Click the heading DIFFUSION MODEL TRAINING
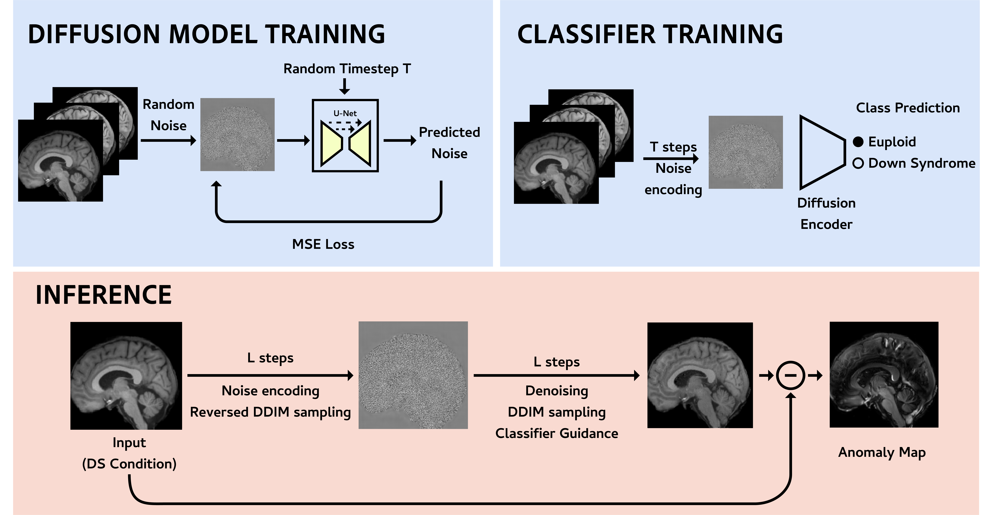pyautogui.click(x=206, y=34)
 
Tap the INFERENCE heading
pyautogui.click(x=104, y=295)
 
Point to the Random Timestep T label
pyautogui.click(x=347, y=69)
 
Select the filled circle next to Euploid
pyautogui.click(x=858, y=142)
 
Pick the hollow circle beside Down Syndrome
pyautogui.click(x=858, y=164)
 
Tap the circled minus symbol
pyautogui.click(x=790, y=375)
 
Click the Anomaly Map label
pyautogui.click(x=882, y=452)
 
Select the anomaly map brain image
pyautogui.click(x=884, y=375)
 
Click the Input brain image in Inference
pyautogui.click(x=126, y=375)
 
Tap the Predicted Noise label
pyautogui.click(x=449, y=143)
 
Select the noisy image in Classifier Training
pyautogui.click(x=745, y=152)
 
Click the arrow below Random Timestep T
pyautogui.click(x=345, y=86)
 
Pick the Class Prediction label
pyautogui.click(x=908, y=108)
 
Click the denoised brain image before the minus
pyautogui.click(x=700, y=375)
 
